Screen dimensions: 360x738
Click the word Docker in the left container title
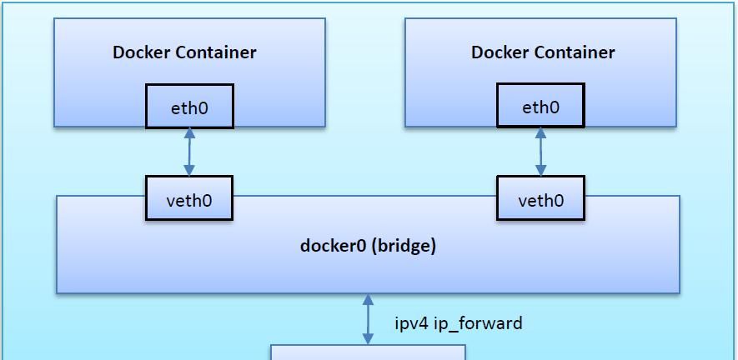tap(142, 52)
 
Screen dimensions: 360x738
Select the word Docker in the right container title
tap(500, 52)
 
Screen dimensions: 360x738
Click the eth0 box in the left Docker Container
tap(189, 107)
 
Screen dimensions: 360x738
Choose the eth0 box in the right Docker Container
tap(540, 107)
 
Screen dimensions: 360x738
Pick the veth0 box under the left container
tap(189, 200)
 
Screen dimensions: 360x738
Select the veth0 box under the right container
tap(540, 200)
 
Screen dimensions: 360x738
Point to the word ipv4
tap(410, 323)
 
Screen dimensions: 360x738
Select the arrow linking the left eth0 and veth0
tap(189, 152)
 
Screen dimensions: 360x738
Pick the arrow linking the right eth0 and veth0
tap(540, 152)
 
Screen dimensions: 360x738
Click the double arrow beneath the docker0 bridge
tap(368, 319)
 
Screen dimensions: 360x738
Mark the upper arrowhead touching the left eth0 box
tap(189, 133)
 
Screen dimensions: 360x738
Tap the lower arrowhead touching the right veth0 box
tap(540, 171)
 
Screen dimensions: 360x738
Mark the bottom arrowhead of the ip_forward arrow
tap(368, 338)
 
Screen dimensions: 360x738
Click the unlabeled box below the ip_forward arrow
tap(368, 352)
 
